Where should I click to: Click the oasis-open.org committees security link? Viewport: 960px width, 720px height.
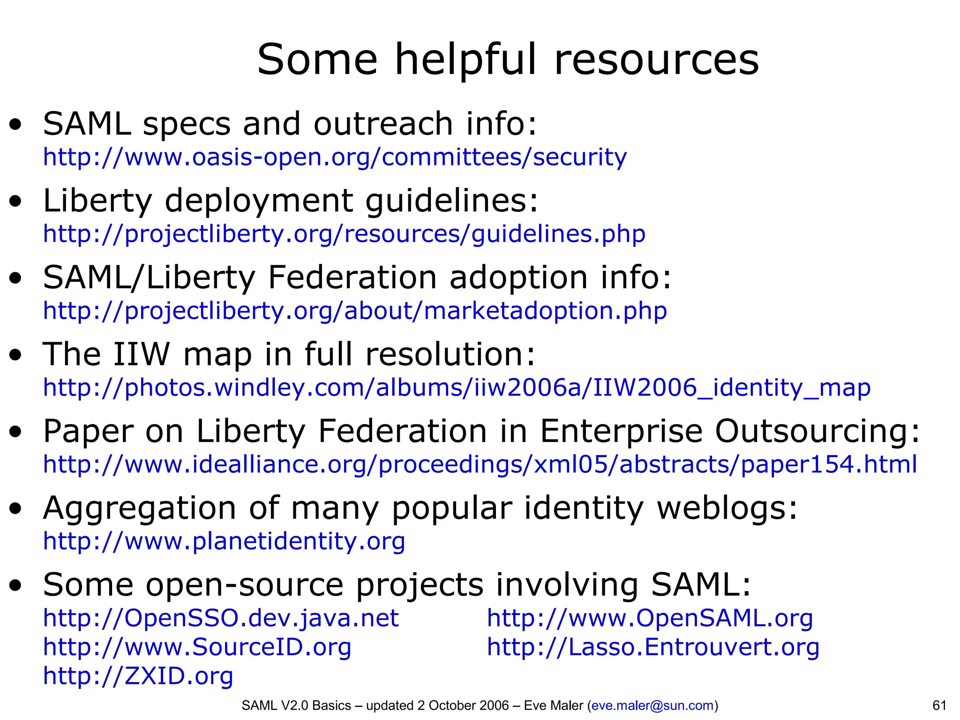pos(335,157)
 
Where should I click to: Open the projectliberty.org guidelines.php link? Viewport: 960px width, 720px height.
pos(344,234)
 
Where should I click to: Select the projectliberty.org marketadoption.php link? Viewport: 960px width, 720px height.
pos(355,311)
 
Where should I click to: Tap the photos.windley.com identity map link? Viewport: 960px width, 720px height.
pos(457,388)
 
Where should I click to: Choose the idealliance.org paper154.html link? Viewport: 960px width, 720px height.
pos(480,465)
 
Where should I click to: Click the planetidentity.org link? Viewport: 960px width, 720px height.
pos(224,541)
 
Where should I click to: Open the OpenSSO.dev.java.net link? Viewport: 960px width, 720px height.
pos(221,618)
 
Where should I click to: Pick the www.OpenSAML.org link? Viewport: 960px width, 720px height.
pos(650,618)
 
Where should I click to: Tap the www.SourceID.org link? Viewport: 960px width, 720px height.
pos(197,647)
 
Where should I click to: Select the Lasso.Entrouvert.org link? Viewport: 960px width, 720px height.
pos(653,647)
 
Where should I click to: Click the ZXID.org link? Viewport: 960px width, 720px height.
pos(138,676)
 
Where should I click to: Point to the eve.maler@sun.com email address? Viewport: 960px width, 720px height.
pos(652,705)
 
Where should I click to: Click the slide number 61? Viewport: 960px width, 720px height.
pos(939,705)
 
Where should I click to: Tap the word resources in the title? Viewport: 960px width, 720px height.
pos(656,60)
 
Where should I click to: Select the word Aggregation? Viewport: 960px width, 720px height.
pos(139,509)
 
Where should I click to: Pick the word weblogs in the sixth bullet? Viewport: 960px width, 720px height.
pos(727,508)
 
